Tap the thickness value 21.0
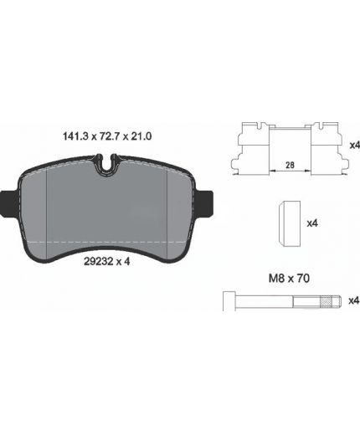tap(141, 136)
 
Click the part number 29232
tap(98, 261)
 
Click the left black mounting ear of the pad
tap(9, 203)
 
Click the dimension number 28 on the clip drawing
tap(290, 165)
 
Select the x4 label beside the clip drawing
tap(355, 145)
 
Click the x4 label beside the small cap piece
tap(312, 223)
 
